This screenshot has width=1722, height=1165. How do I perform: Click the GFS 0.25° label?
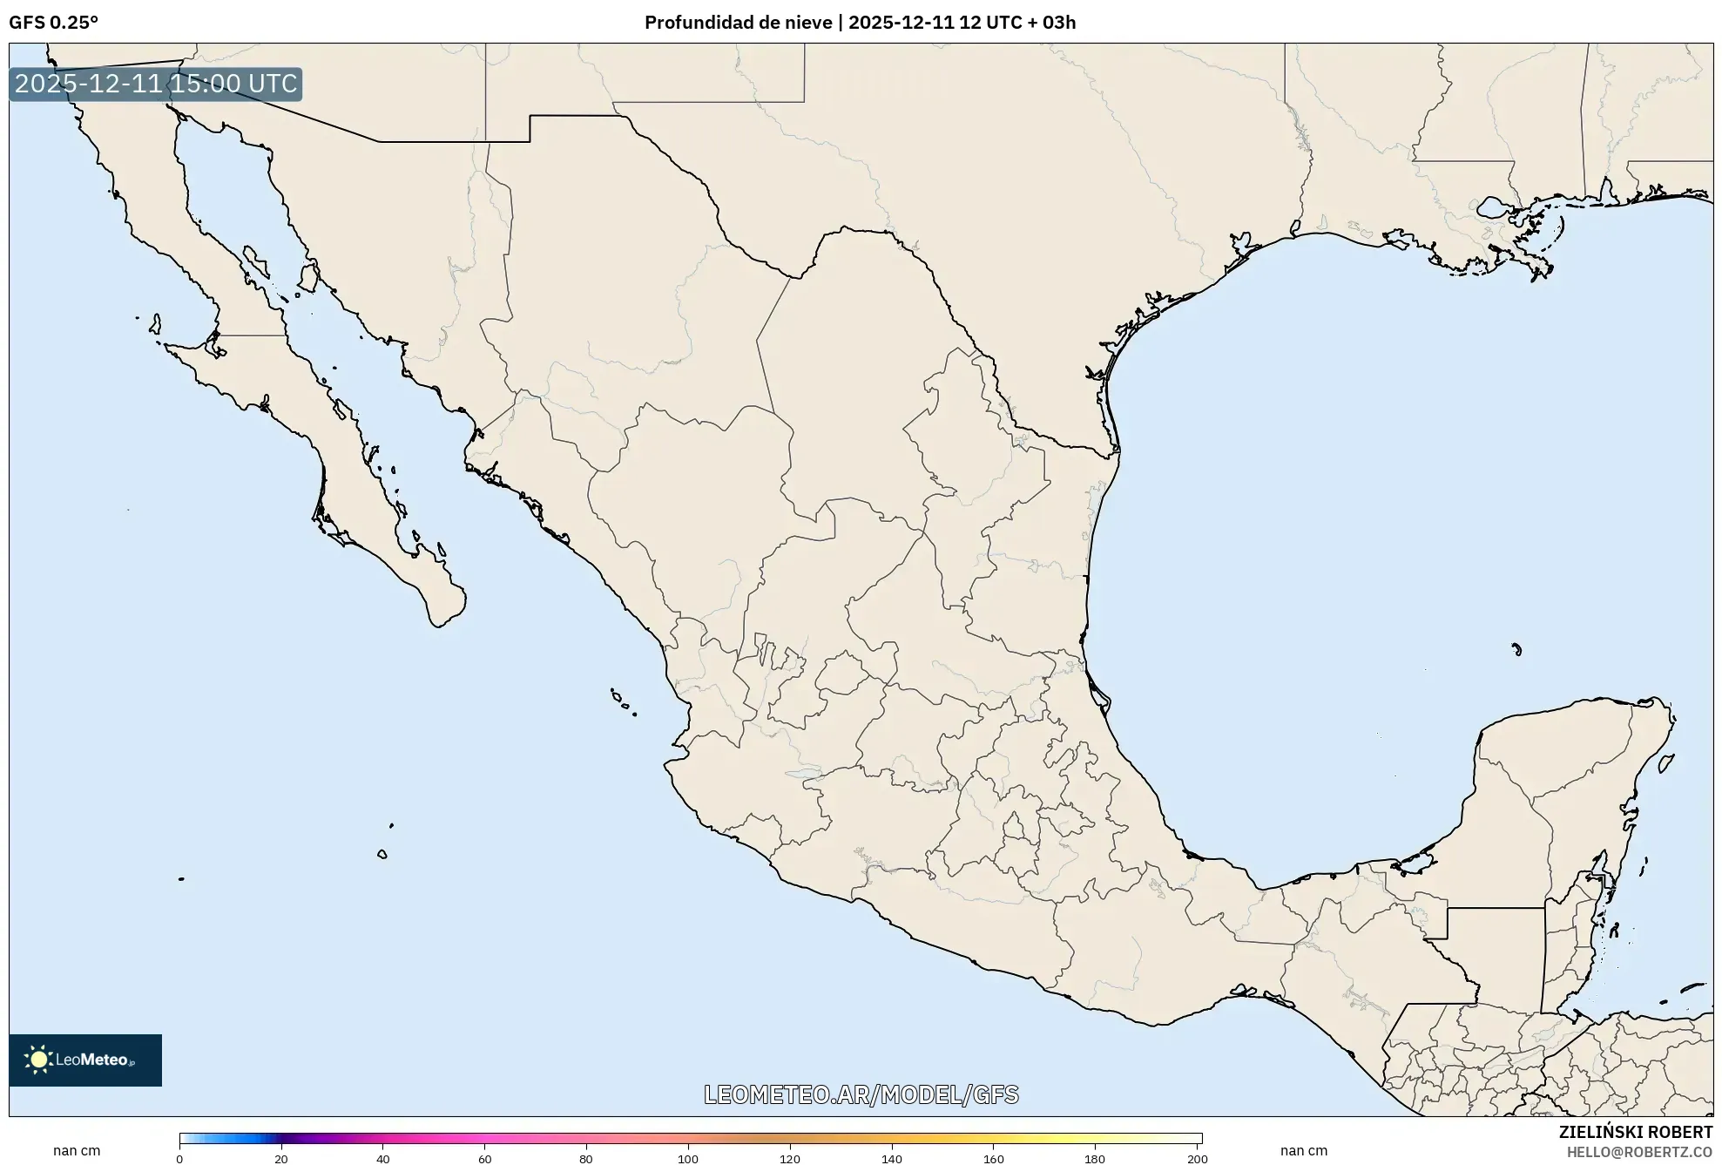pos(53,23)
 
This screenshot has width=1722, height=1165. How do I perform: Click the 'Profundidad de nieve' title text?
pos(738,23)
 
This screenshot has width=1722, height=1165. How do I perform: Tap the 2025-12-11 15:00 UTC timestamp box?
pos(156,85)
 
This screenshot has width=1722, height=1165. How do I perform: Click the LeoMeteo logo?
pos(85,1060)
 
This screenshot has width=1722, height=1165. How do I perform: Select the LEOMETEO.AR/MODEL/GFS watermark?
pos(861,1094)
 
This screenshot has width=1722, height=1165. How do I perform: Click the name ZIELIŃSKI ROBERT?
pos(1635,1132)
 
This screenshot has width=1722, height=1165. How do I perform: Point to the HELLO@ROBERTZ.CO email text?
pos(1639,1152)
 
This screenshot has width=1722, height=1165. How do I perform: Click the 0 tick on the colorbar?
pos(180,1159)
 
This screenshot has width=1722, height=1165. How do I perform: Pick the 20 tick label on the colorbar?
pos(280,1159)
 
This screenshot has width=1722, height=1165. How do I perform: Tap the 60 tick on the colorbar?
pos(484,1159)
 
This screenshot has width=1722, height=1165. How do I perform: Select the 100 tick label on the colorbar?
pos(688,1159)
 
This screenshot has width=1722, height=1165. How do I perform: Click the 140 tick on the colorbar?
pos(892,1159)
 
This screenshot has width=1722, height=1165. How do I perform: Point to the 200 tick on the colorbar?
pos(1198,1159)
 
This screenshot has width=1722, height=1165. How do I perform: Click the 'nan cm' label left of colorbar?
pos(77,1151)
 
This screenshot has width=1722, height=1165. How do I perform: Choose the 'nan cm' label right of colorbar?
pos(1304,1151)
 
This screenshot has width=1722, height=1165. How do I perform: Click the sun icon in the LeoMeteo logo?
pos(38,1060)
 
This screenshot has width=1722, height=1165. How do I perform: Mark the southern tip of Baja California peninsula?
pos(438,625)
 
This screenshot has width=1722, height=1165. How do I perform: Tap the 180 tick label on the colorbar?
pos(1095,1159)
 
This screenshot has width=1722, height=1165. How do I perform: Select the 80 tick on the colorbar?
pos(586,1159)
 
